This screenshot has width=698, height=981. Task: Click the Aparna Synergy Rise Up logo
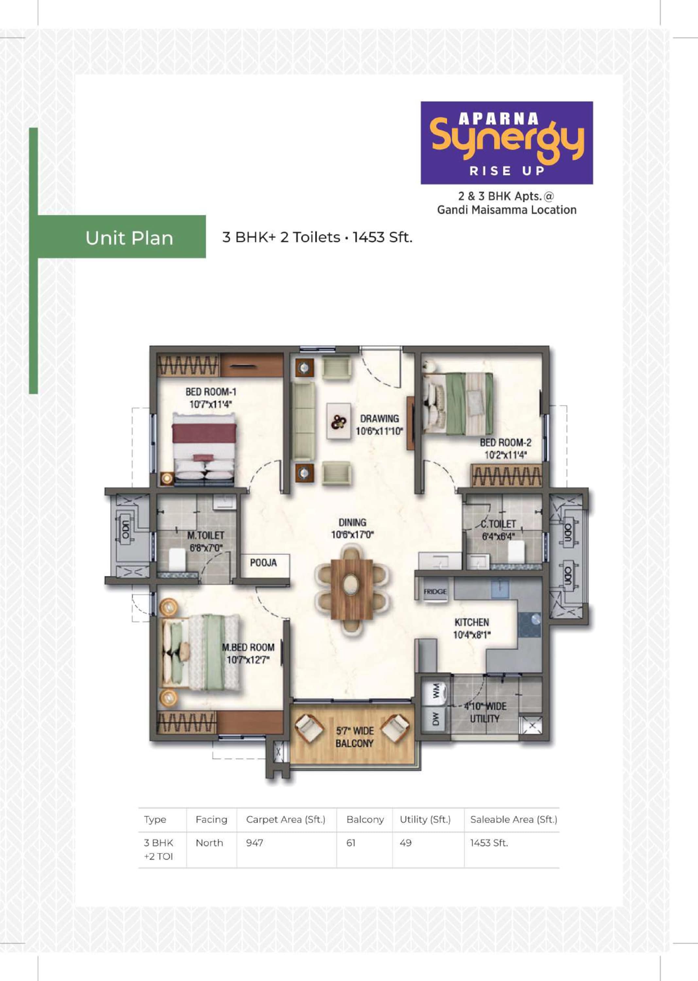(x=507, y=143)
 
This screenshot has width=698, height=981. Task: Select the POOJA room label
(x=264, y=563)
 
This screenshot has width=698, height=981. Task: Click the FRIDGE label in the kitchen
(x=435, y=592)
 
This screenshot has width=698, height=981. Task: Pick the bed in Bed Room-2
(x=458, y=403)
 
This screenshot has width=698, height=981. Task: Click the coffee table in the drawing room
(x=339, y=421)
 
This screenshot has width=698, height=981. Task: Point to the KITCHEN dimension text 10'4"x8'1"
(x=472, y=634)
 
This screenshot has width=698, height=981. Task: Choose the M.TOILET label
(x=206, y=535)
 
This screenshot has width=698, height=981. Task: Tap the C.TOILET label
(x=499, y=524)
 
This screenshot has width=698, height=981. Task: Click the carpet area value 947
(x=254, y=843)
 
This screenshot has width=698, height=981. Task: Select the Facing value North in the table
(x=209, y=843)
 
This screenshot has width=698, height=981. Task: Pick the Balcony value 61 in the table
(x=351, y=843)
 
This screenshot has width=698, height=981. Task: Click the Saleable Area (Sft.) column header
(x=514, y=819)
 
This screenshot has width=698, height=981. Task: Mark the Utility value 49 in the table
(x=406, y=843)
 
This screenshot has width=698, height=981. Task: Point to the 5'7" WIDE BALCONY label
(x=355, y=737)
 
